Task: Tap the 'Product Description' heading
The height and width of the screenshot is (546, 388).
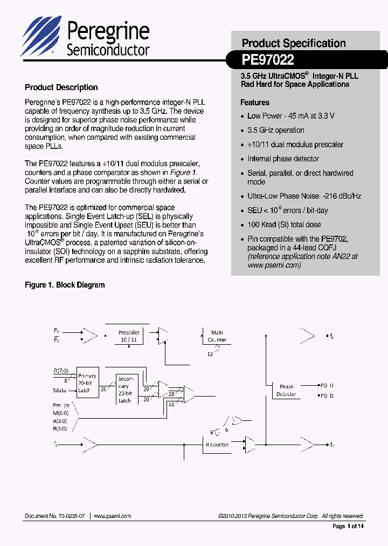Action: click(x=61, y=87)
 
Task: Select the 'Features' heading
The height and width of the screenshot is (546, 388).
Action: click(x=255, y=103)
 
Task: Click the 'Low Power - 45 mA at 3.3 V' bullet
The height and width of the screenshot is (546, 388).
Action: click(x=290, y=116)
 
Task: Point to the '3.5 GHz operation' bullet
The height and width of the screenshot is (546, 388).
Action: click(x=275, y=130)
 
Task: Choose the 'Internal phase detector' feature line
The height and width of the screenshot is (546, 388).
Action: click(x=283, y=159)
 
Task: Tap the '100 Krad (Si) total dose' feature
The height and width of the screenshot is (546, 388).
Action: click(x=284, y=224)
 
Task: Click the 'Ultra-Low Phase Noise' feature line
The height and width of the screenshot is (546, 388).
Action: click(x=304, y=196)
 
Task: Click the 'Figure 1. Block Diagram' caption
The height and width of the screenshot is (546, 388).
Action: click(x=65, y=285)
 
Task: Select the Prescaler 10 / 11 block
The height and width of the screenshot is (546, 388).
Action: click(x=129, y=336)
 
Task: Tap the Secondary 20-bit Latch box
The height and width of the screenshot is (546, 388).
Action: click(x=125, y=390)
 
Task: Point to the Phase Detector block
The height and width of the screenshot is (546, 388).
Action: click(x=286, y=390)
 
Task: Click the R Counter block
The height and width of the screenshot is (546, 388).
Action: click(x=217, y=445)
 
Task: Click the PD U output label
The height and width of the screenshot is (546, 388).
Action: click(x=327, y=385)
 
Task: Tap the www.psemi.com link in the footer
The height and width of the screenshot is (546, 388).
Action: click(x=113, y=516)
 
